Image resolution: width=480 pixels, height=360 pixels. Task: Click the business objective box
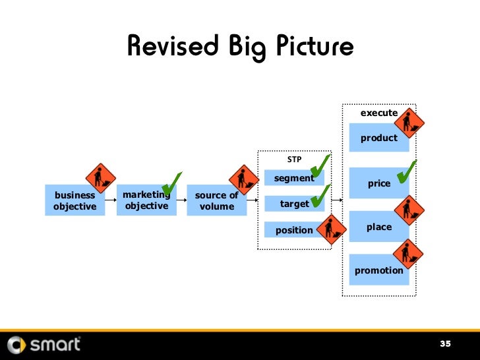point(75,200)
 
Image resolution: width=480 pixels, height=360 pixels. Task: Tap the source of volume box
point(216,200)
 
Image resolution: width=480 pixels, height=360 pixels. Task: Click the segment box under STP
point(294,178)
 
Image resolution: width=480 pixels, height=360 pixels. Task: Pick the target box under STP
point(294,204)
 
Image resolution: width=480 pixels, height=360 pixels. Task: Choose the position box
point(294,229)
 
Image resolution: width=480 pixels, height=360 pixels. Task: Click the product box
point(378,138)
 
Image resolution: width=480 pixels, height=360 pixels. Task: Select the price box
point(378,183)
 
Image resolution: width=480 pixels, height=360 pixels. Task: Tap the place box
point(378,227)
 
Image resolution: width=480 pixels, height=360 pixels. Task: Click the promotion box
point(378,270)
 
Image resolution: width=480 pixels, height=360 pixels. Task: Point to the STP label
point(293,160)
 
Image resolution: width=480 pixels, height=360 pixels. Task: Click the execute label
point(378,113)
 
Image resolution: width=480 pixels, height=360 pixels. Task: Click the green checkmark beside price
point(406,169)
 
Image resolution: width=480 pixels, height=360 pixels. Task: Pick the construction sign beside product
point(409,122)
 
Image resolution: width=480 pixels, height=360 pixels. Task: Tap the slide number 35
point(446,344)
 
